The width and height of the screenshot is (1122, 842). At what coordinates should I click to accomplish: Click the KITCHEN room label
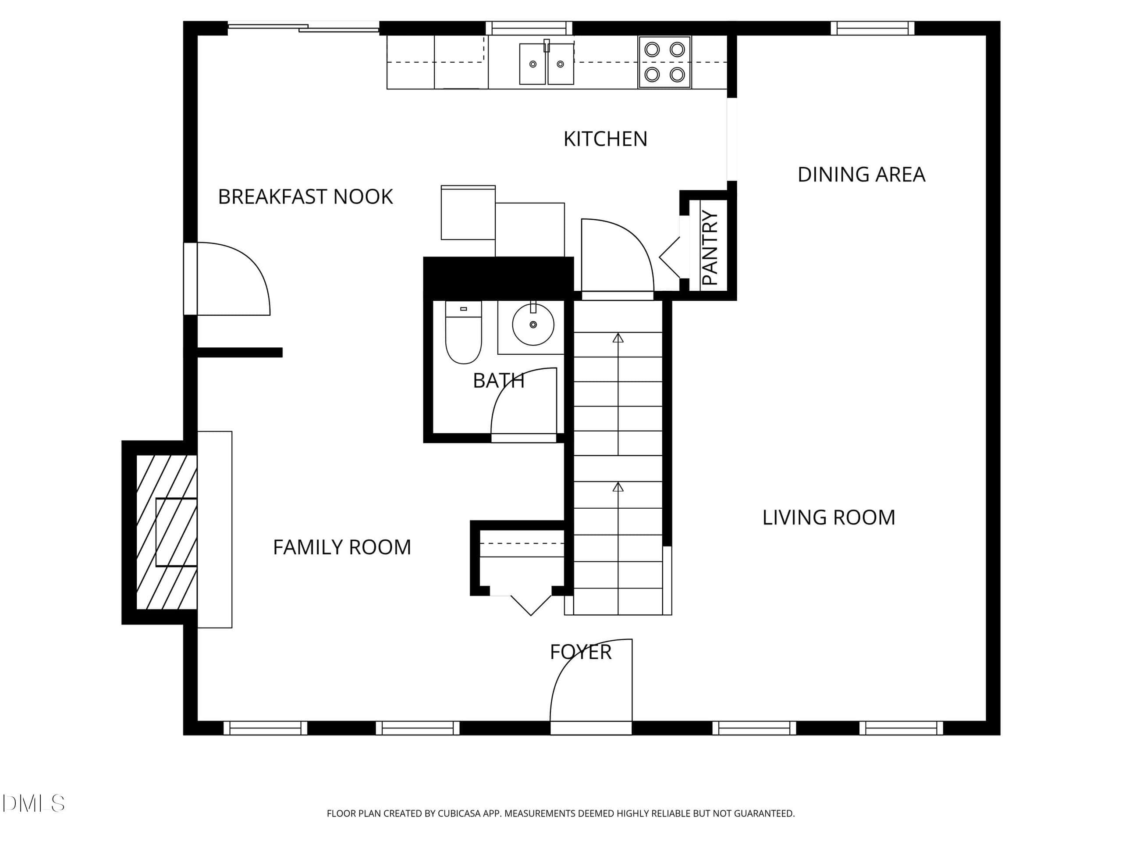(x=605, y=139)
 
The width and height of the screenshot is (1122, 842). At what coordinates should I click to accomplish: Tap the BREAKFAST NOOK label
(x=305, y=197)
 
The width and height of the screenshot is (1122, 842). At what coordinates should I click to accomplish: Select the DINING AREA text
(x=861, y=175)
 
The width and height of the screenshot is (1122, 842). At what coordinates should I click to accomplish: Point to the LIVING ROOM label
(x=829, y=517)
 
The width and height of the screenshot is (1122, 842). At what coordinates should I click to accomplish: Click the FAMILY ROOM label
(x=342, y=547)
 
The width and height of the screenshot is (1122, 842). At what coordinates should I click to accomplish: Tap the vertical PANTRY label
(x=710, y=248)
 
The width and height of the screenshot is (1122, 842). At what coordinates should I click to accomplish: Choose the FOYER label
(x=581, y=652)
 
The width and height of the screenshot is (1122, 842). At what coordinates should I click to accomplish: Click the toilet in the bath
(x=463, y=332)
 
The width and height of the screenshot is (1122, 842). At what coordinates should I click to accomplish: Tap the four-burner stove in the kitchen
(x=664, y=62)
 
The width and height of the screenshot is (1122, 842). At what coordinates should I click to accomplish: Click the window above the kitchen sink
(x=529, y=28)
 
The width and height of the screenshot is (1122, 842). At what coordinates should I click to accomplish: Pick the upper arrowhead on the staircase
(x=618, y=338)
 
